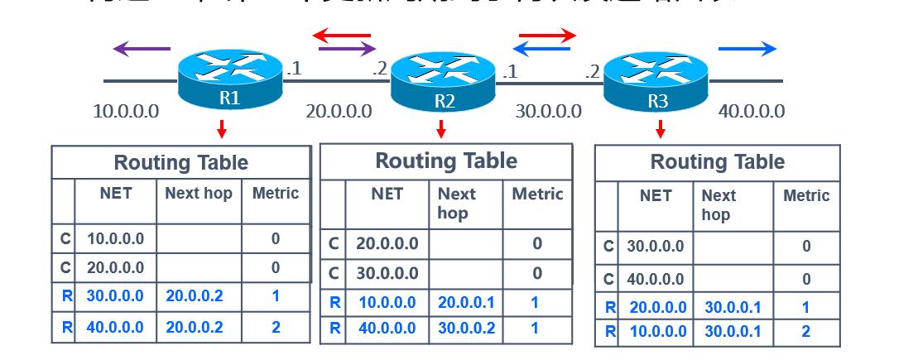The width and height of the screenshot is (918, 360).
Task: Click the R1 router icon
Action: [x=230, y=79]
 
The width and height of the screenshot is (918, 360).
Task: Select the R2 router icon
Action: [x=443, y=82]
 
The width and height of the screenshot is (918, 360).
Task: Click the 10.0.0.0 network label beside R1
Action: [x=126, y=111]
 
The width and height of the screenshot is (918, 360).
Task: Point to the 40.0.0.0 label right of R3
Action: [x=752, y=111]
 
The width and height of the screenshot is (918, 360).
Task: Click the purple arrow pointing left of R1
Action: [x=142, y=50]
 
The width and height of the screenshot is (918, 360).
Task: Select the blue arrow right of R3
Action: [x=747, y=49]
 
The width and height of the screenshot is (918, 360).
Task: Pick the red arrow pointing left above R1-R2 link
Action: [x=342, y=36]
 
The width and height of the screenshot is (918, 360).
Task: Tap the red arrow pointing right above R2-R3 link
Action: [x=546, y=36]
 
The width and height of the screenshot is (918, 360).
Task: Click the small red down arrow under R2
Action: [x=441, y=129]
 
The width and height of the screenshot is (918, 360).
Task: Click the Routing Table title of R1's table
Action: [x=180, y=162]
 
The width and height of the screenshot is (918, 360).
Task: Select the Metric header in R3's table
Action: [x=806, y=196]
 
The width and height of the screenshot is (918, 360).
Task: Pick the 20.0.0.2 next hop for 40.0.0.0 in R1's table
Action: [x=195, y=327]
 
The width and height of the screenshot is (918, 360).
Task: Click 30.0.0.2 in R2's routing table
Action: [x=466, y=328]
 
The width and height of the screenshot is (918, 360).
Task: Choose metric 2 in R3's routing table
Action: [x=806, y=332]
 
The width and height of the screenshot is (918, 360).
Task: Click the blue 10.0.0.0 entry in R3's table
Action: [x=657, y=332]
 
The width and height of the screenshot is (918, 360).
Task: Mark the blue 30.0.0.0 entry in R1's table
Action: [x=115, y=296]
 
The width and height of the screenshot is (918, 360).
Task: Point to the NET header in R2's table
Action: [x=387, y=194]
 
